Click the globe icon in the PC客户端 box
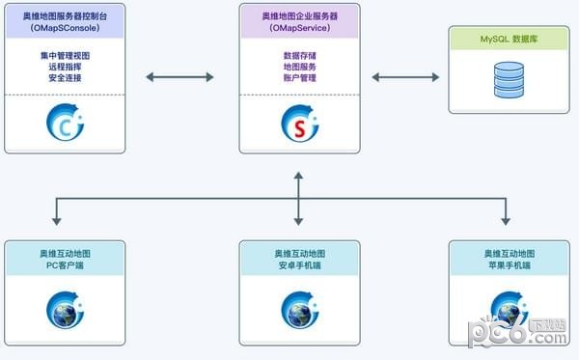[65, 309]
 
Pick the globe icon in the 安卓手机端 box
[299, 309]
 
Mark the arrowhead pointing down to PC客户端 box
[58, 220]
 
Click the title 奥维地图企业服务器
[299, 17]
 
